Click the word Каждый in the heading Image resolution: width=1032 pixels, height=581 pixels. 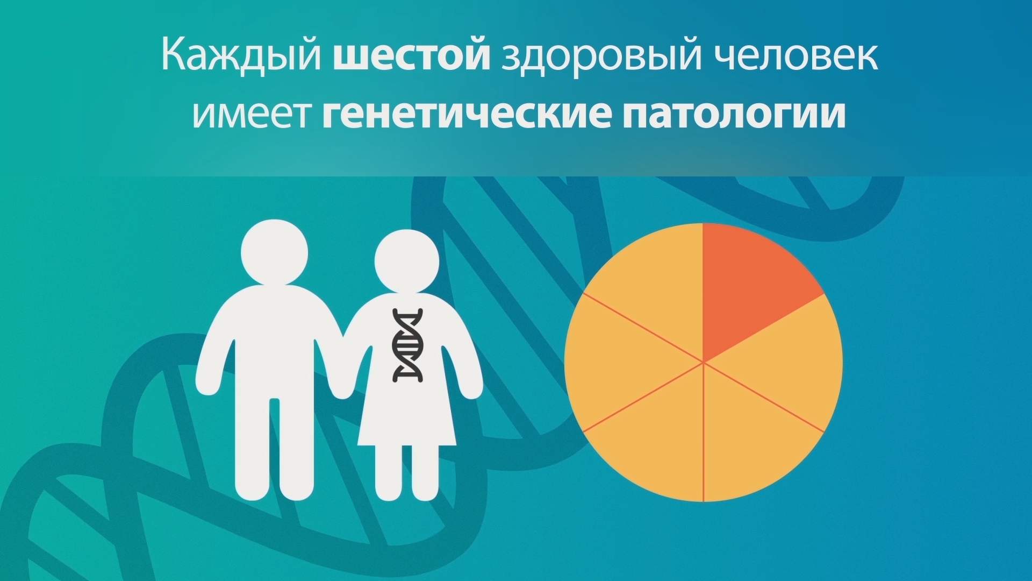pos(241,55)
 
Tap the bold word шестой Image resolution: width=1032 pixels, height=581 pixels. pos(412,55)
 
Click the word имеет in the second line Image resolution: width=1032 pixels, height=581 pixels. pos(252,115)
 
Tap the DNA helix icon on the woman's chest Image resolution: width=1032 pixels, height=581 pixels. pos(408,345)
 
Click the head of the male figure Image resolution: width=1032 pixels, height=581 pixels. pos(274,252)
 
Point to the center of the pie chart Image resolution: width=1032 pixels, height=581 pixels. pos(703,362)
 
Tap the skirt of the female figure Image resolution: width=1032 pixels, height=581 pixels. pos(407,414)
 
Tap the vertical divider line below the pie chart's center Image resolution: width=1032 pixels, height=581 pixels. pos(703,432)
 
